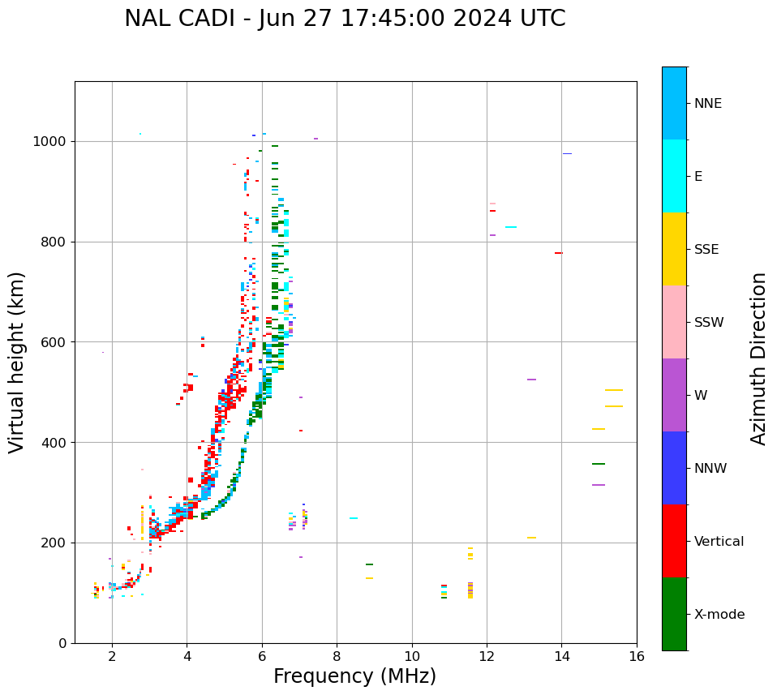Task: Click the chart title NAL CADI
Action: point(345,19)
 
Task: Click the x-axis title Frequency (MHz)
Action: point(354,676)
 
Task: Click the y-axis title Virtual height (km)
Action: point(17,362)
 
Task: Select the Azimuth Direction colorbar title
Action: point(758,358)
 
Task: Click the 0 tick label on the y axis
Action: point(62,643)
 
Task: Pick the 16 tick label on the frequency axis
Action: point(637,655)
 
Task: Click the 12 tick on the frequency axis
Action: point(487,655)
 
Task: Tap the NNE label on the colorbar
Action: point(708,104)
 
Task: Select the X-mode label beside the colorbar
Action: point(719,615)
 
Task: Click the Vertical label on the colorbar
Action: point(719,542)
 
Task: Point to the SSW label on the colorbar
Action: point(709,323)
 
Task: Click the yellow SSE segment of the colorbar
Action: point(674,249)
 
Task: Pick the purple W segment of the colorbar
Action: point(674,395)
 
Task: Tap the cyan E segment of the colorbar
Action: point(674,176)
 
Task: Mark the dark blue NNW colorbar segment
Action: point(674,468)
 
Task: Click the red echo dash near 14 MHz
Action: point(558,253)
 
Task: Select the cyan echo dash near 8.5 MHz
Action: point(354,518)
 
